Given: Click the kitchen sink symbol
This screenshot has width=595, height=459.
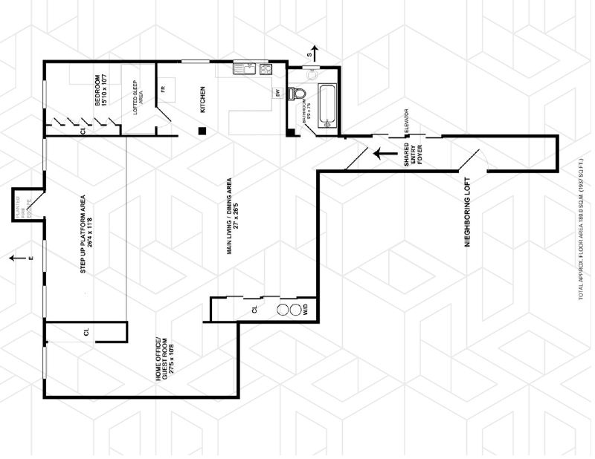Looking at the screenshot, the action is [244, 69].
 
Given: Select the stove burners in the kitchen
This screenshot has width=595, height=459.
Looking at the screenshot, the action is [266, 69].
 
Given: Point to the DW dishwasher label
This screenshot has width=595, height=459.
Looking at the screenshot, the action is [277, 93].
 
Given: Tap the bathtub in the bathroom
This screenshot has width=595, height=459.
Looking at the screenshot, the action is [327, 106].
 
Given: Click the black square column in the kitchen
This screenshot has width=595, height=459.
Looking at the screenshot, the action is [202, 131].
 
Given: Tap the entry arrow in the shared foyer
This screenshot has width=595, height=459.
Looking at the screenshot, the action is [385, 154].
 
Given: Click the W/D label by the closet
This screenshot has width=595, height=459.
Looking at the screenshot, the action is [304, 311].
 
